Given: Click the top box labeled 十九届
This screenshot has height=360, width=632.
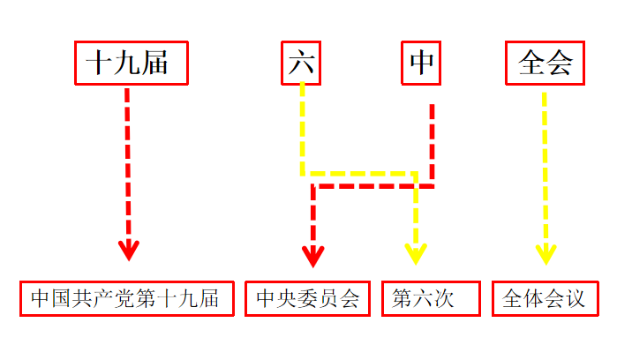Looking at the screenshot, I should (131, 63).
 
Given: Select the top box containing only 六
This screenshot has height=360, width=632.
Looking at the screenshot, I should (302, 63).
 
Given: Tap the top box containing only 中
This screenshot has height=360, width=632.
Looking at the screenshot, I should (422, 63).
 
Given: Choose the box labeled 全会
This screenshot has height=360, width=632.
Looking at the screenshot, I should (545, 63).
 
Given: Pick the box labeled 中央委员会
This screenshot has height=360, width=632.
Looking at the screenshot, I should (308, 298).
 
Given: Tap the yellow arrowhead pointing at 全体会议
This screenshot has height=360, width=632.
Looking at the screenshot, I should (545, 253).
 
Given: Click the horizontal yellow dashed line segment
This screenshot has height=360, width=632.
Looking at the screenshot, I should (358, 173).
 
